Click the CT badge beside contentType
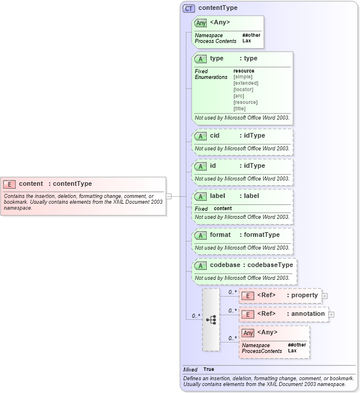coord(189,9)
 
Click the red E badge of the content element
coord(9,184)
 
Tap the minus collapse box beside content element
coord(168,196)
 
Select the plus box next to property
coord(325,295)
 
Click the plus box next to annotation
coord(332,314)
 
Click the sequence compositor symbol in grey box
coord(211,319)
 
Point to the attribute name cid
coord(214,135)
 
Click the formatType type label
coord(261,235)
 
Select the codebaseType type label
coord(268,265)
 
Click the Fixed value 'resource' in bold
coord(243,71)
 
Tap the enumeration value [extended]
coord(246,83)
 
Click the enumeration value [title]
coord(239,109)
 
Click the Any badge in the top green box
coord(201,23)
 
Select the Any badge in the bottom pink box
coord(248,333)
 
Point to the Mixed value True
coord(208,369)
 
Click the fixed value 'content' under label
coord(222,208)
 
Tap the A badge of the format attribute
coord(200,235)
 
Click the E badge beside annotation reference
coord(247,314)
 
